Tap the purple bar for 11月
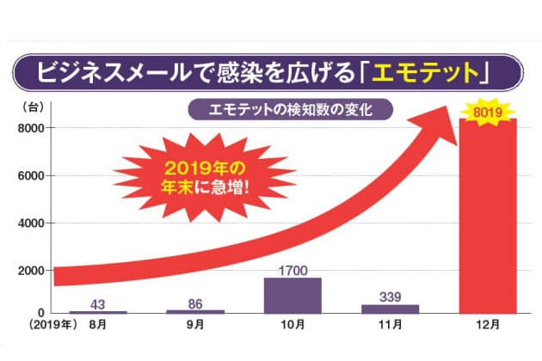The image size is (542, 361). pos(395,309)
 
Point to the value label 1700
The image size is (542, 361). pos(293,270)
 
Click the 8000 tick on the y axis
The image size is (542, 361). pos(31,128)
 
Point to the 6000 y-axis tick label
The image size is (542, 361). pos(31,175)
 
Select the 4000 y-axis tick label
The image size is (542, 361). pos(31,223)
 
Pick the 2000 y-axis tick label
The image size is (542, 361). pos(31,271)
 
